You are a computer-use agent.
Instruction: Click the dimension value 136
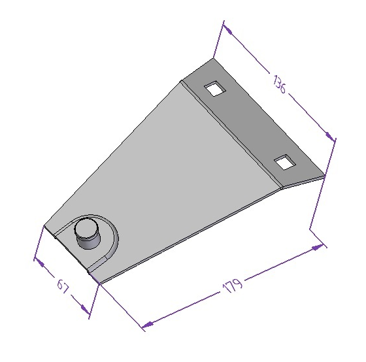tap(279, 84)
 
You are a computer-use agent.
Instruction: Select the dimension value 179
tap(233, 285)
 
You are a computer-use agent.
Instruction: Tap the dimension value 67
tap(63, 286)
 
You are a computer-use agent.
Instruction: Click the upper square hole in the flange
tap(215, 88)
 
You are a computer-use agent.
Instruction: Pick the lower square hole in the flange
tap(285, 162)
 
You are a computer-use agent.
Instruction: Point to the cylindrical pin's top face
tap(86, 228)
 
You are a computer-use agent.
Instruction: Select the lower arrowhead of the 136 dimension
tap(330, 136)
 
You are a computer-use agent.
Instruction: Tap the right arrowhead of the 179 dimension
tap(318, 247)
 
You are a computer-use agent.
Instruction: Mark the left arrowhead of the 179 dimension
tap(148, 324)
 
